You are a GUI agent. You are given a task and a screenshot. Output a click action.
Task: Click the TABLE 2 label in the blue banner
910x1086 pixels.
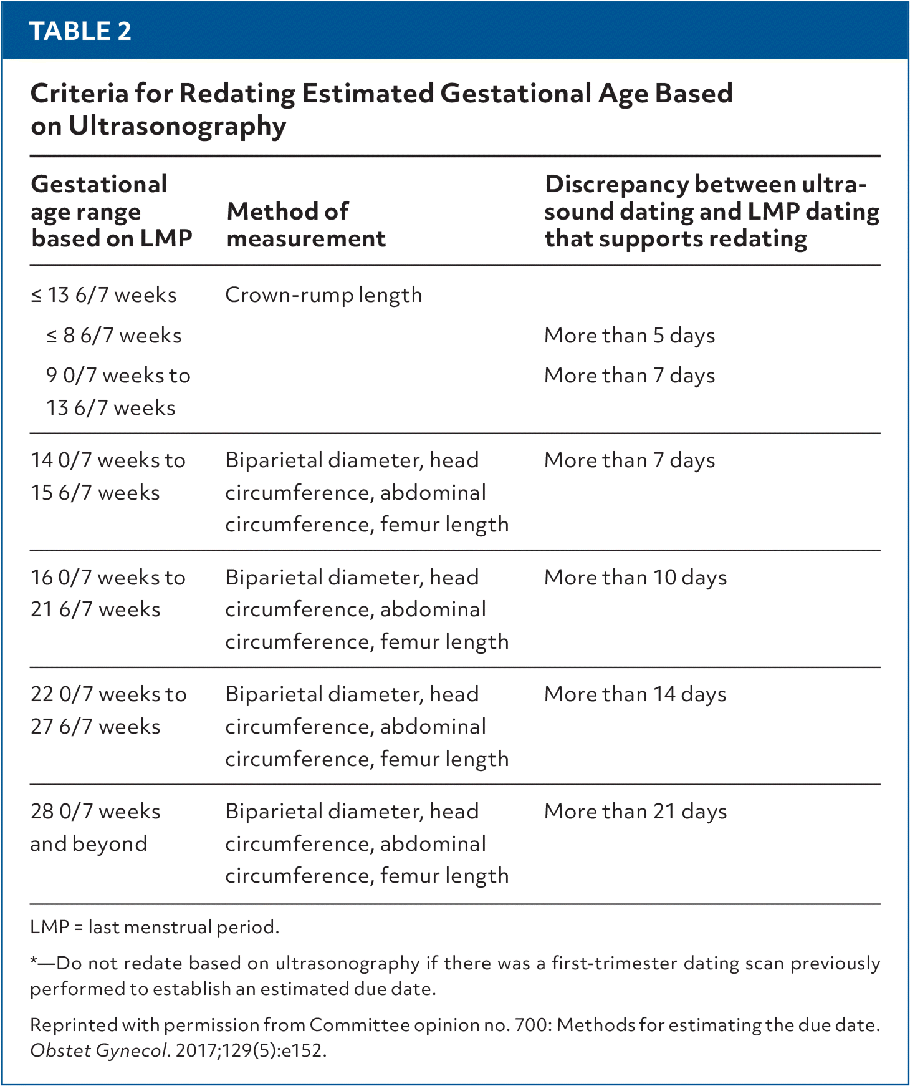tap(80, 31)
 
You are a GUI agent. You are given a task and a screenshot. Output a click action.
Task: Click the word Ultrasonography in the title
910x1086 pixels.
tap(177, 127)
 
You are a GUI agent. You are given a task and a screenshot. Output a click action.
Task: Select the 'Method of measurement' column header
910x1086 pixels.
tap(305, 225)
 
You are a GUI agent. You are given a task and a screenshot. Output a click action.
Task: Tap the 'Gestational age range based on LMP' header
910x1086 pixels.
tap(111, 211)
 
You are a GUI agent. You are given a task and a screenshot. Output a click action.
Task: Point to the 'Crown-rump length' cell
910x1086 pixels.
tap(323, 295)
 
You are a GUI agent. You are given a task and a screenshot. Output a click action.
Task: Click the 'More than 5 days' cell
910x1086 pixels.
tap(630, 336)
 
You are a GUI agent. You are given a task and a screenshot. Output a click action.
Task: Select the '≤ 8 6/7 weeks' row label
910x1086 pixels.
tap(113, 336)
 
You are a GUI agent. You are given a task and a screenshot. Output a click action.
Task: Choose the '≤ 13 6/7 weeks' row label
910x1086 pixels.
tap(103, 295)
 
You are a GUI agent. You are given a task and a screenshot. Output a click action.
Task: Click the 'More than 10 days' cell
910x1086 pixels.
tap(635, 578)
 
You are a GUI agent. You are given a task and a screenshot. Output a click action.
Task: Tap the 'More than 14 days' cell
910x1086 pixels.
tap(635, 694)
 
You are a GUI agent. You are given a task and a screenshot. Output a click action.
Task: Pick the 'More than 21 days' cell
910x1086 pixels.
tap(635, 812)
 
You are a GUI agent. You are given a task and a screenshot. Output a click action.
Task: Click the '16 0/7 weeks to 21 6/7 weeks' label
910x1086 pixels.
tap(108, 593)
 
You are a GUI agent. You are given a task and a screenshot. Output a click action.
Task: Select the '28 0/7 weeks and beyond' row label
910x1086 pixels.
tap(95, 827)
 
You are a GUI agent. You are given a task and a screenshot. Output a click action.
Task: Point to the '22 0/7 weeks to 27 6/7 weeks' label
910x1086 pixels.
tap(108, 710)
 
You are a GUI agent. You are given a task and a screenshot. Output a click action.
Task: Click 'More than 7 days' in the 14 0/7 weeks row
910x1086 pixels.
tap(630, 460)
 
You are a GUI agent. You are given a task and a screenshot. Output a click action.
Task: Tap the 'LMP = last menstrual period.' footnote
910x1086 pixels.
tap(155, 927)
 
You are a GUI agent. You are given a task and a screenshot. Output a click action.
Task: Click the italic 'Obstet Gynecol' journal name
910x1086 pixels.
tap(98, 1050)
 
